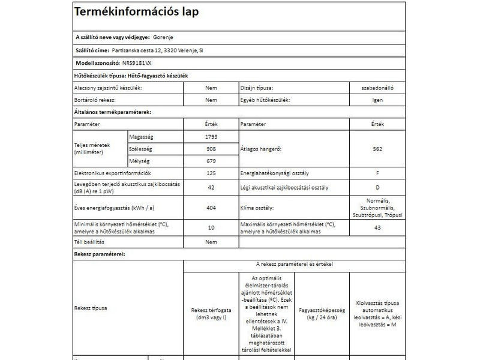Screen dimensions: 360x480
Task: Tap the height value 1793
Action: click(211, 137)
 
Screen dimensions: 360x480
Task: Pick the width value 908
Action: click(211, 149)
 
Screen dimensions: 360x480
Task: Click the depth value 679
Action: click(211, 161)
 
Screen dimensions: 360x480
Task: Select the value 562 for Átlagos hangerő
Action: click(377, 149)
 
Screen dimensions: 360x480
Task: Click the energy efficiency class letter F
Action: click(377, 173)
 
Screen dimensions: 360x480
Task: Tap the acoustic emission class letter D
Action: click(377, 188)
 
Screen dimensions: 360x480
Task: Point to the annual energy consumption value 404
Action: click(211, 208)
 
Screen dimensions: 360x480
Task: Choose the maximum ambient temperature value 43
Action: click(377, 227)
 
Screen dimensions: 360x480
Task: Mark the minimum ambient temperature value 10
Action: click(211, 227)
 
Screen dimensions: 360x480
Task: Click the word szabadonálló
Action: click(377, 88)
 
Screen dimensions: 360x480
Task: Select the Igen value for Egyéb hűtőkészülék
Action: click(377, 100)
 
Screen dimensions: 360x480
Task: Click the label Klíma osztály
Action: click(257, 208)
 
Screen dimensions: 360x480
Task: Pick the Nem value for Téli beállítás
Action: click(211, 242)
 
